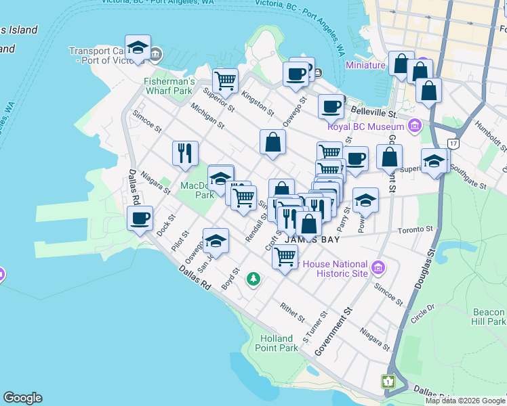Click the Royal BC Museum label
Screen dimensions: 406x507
(365, 126)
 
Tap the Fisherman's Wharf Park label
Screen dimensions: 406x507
(169, 87)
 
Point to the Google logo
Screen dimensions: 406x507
(22, 398)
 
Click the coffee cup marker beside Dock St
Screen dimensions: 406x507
(140, 218)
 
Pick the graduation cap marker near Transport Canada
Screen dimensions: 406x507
(138, 48)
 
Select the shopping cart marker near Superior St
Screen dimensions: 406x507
(225, 80)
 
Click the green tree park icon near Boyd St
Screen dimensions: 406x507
(254, 278)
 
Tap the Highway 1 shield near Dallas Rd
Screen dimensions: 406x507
(389, 382)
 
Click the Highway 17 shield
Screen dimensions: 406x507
(453, 143)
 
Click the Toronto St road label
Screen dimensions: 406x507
(416, 230)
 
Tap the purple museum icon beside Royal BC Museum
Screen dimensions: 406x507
(415, 126)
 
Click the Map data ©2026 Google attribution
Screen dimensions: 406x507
(464, 401)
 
